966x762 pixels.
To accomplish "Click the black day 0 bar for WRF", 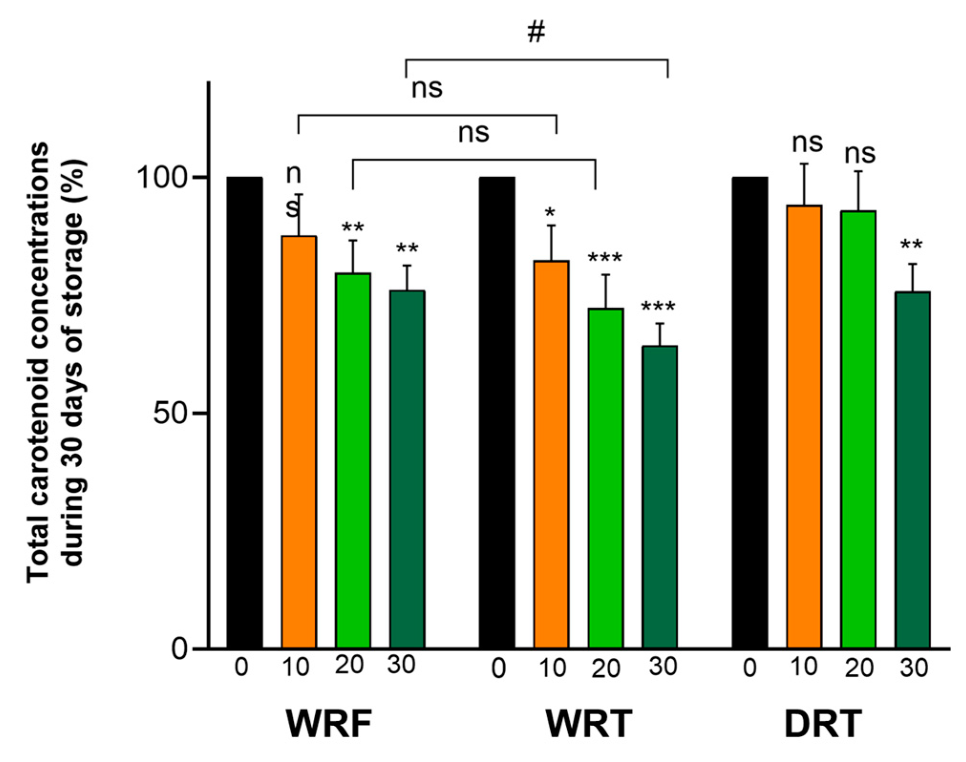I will click(244, 413).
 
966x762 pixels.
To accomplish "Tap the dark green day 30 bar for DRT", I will click(912, 470).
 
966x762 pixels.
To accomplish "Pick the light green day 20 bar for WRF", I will click(352, 460).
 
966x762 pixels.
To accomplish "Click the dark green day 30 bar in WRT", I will click(659, 497).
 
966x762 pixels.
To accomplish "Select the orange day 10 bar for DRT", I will click(804, 427).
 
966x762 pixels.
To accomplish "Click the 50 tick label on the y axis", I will click(169, 413).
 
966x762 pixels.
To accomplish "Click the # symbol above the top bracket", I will click(536, 32).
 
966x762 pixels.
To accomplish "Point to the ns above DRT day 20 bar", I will click(860, 154).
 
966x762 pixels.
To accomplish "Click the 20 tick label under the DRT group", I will click(859, 668).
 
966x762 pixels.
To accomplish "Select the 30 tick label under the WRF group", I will click(401, 665).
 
